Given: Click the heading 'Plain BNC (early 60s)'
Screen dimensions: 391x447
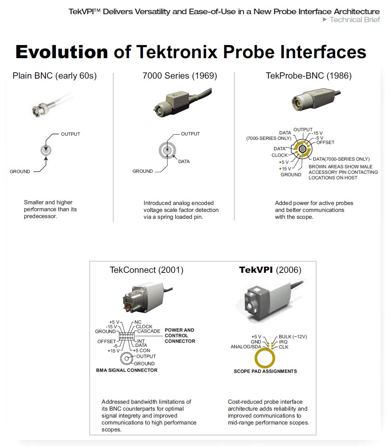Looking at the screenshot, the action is point(54,76).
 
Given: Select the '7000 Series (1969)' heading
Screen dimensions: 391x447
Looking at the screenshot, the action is point(180,76).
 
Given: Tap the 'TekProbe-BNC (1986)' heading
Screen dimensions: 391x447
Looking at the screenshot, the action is point(309,76).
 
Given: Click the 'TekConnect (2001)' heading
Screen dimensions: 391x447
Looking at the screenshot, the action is point(146,270).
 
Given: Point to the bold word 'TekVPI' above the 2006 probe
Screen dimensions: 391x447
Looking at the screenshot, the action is point(256,270).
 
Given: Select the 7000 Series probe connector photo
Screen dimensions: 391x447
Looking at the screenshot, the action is point(182,102).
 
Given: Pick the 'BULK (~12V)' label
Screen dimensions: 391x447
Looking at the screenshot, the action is point(293,337).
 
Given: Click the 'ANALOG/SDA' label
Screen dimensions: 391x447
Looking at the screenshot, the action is point(246,347).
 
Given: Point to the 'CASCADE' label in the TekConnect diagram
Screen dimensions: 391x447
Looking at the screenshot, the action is point(148,331).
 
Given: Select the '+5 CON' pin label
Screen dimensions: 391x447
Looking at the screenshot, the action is point(142,350).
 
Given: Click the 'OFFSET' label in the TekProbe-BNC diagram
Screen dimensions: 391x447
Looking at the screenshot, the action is point(325,142).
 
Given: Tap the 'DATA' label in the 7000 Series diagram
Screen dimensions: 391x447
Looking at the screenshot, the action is point(184,161).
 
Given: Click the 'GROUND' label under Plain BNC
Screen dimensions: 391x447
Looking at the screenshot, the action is point(20,171).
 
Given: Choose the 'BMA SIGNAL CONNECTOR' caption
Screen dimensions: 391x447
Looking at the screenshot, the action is point(127,370).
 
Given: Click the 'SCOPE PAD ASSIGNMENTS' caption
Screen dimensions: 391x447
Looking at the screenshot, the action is point(265,371).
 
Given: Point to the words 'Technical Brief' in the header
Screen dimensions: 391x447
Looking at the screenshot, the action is point(355,20).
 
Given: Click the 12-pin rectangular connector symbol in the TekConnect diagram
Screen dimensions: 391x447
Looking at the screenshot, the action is point(127,336).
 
